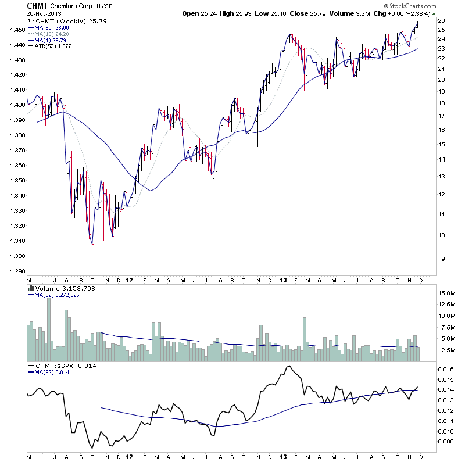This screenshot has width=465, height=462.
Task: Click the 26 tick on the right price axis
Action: [x=441, y=21]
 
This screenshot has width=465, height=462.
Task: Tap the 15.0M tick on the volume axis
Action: [x=446, y=293]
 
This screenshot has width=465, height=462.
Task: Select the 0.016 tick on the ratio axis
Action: [x=445, y=369]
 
